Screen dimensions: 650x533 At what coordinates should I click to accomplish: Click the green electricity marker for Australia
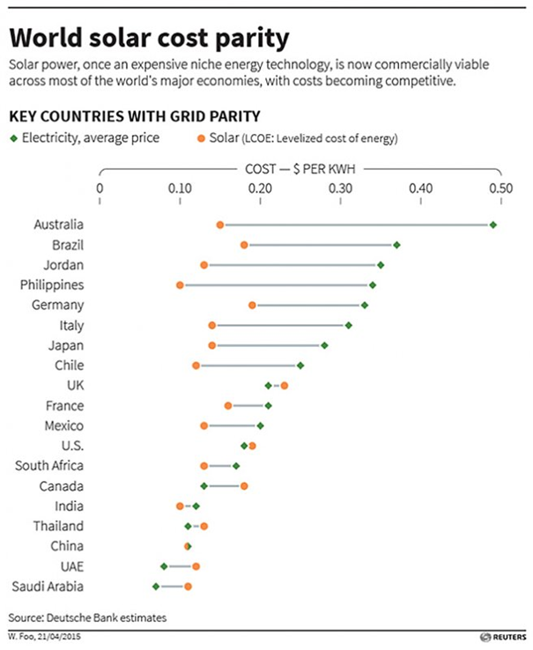click(493, 225)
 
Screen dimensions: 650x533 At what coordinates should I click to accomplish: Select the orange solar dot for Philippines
click(180, 284)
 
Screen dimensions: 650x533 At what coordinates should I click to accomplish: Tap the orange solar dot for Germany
click(252, 305)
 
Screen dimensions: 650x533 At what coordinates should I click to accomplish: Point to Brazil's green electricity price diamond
click(396, 245)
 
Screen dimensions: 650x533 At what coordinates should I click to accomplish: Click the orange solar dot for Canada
click(244, 485)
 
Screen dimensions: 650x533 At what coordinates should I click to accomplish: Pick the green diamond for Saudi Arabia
click(156, 586)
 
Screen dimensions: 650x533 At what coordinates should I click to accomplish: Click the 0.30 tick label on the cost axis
click(340, 188)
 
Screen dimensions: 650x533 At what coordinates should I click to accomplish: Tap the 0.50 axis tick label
click(500, 188)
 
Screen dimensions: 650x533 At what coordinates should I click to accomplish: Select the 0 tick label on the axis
click(100, 188)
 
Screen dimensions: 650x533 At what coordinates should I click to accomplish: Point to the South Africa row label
click(50, 465)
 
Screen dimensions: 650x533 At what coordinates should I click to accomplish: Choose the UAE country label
click(70, 565)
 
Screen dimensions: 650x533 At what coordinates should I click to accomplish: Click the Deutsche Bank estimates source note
click(86, 617)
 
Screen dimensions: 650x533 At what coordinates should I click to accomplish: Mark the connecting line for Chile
click(248, 365)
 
